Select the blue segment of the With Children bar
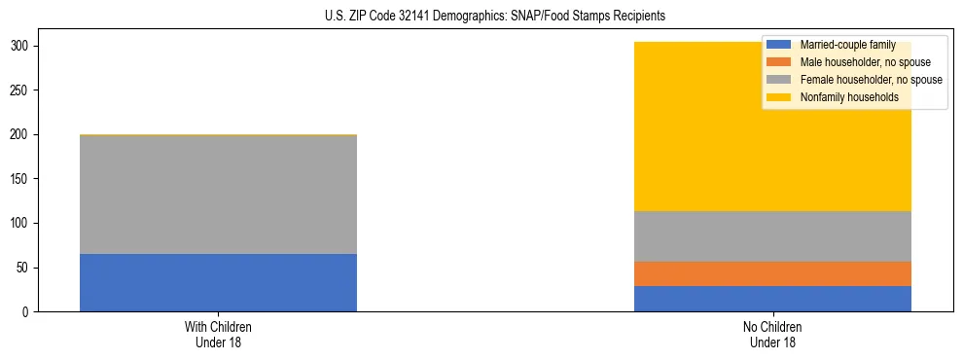(218, 283)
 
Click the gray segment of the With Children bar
(218, 195)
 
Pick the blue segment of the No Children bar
(772, 299)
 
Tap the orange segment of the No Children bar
(772, 273)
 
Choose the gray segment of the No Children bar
(772, 236)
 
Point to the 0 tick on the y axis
(29, 312)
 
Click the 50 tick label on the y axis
(26, 268)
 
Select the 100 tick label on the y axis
(23, 223)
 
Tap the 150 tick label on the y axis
(23, 179)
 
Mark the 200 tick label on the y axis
(23, 134)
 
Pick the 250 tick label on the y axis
(23, 90)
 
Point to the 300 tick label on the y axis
(23, 46)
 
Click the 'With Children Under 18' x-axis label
(218, 335)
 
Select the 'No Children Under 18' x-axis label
(772, 335)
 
